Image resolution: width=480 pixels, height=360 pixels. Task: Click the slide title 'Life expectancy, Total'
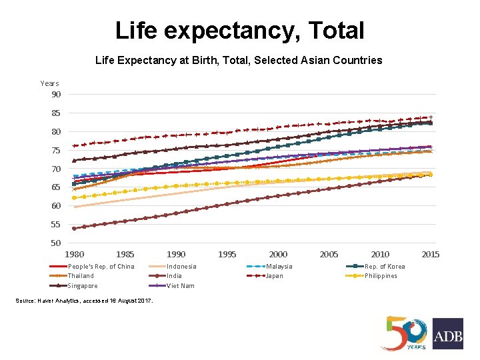pyautogui.click(x=239, y=31)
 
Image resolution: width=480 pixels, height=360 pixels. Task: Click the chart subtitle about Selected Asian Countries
pyautogui.click(x=239, y=61)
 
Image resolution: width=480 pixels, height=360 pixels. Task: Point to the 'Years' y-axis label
pyautogui.click(x=49, y=83)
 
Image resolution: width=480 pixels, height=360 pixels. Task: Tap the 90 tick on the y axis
pyautogui.click(x=56, y=94)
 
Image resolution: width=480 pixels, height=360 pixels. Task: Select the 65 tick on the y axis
pyautogui.click(x=56, y=188)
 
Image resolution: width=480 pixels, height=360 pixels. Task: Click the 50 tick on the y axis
pyautogui.click(x=56, y=243)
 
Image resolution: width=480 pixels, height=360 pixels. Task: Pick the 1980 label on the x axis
pyautogui.click(x=74, y=254)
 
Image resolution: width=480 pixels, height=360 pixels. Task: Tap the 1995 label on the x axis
pyautogui.click(x=227, y=254)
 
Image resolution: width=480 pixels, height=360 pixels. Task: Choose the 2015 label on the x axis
pyautogui.click(x=431, y=254)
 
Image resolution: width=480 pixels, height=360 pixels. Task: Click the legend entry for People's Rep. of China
pyautogui.click(x=101, y=267)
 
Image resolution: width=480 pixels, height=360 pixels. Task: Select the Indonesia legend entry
pyautogui.click(x=181, y=267)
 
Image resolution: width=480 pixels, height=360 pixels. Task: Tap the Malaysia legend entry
pyautogui.click(x=279, y=267)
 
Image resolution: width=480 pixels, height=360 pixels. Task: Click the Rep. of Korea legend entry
pyautogui.click(x=384, y=267)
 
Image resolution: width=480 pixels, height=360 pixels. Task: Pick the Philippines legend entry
pyautogui.click(x=381, y=276)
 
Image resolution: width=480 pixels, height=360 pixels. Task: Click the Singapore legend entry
pyautogui.click(x=83, y=285)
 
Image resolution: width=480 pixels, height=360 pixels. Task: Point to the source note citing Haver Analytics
pyautogui.click(x=93, y=301)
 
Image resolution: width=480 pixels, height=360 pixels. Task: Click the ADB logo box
pyautogui.click(x=447, y=333)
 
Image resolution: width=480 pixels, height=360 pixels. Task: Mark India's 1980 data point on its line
pyautogui.click(x=74, y=228)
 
